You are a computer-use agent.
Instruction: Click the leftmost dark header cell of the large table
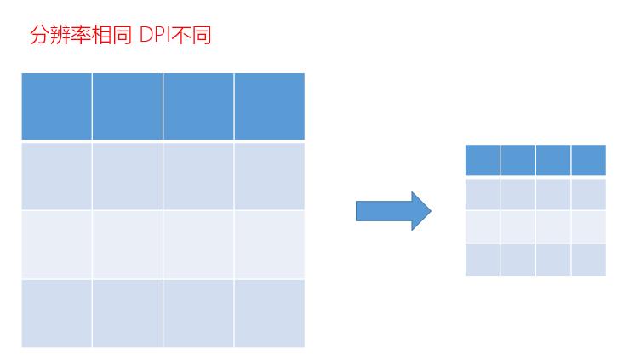click(x=56, y=106)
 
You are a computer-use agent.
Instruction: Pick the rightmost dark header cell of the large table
click(x=269, y=106)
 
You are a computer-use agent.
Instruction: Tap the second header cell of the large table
click(x=127, y=106)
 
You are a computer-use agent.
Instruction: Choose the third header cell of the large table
click(x=198, y=106)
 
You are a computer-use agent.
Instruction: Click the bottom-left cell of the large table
click(x=56, y=313)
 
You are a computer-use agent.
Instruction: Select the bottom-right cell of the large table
click(x=269, y=313)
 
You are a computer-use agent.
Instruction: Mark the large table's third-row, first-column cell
click(x=56, y=244)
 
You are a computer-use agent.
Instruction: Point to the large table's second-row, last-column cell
click(x=269, y=175)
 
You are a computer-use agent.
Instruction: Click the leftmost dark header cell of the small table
click(x=483, y=160)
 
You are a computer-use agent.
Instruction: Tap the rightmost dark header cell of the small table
click(x=589, y=160)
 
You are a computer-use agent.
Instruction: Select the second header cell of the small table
click(x=517, y=160)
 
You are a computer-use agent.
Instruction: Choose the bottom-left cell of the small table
click(x=483, y=260)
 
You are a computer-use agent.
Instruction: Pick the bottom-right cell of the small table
click(x=589, y=260)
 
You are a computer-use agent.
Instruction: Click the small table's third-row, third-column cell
click(x=553, y=226)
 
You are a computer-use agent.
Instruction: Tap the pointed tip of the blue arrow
click(x=431, y=210)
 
